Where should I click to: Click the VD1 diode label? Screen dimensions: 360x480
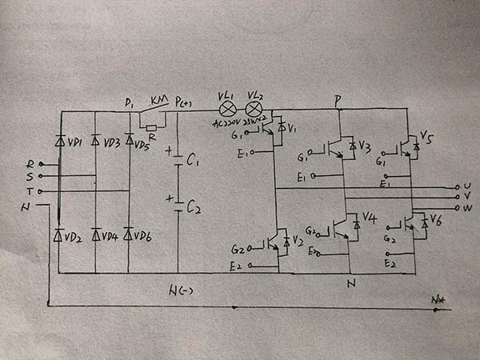(x=77, y=142)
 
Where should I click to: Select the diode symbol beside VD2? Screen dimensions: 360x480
(x=58, y=234)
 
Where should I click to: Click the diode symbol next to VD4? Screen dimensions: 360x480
(x=95, y=234)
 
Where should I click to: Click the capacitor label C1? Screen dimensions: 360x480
(x=192, y=162)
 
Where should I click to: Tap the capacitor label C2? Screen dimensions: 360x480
(x=193, y=208)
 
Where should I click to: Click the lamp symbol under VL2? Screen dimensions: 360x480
(x=256, y=110)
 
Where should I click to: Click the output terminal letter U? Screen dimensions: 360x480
(x=466, y=186)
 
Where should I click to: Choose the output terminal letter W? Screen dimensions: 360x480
(x=466, y=206)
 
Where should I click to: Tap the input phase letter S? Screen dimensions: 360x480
(x=30, y=177)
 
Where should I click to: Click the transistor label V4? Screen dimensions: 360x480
(x=369, y=217)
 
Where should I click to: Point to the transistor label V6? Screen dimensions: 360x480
(x=436, y=218)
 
